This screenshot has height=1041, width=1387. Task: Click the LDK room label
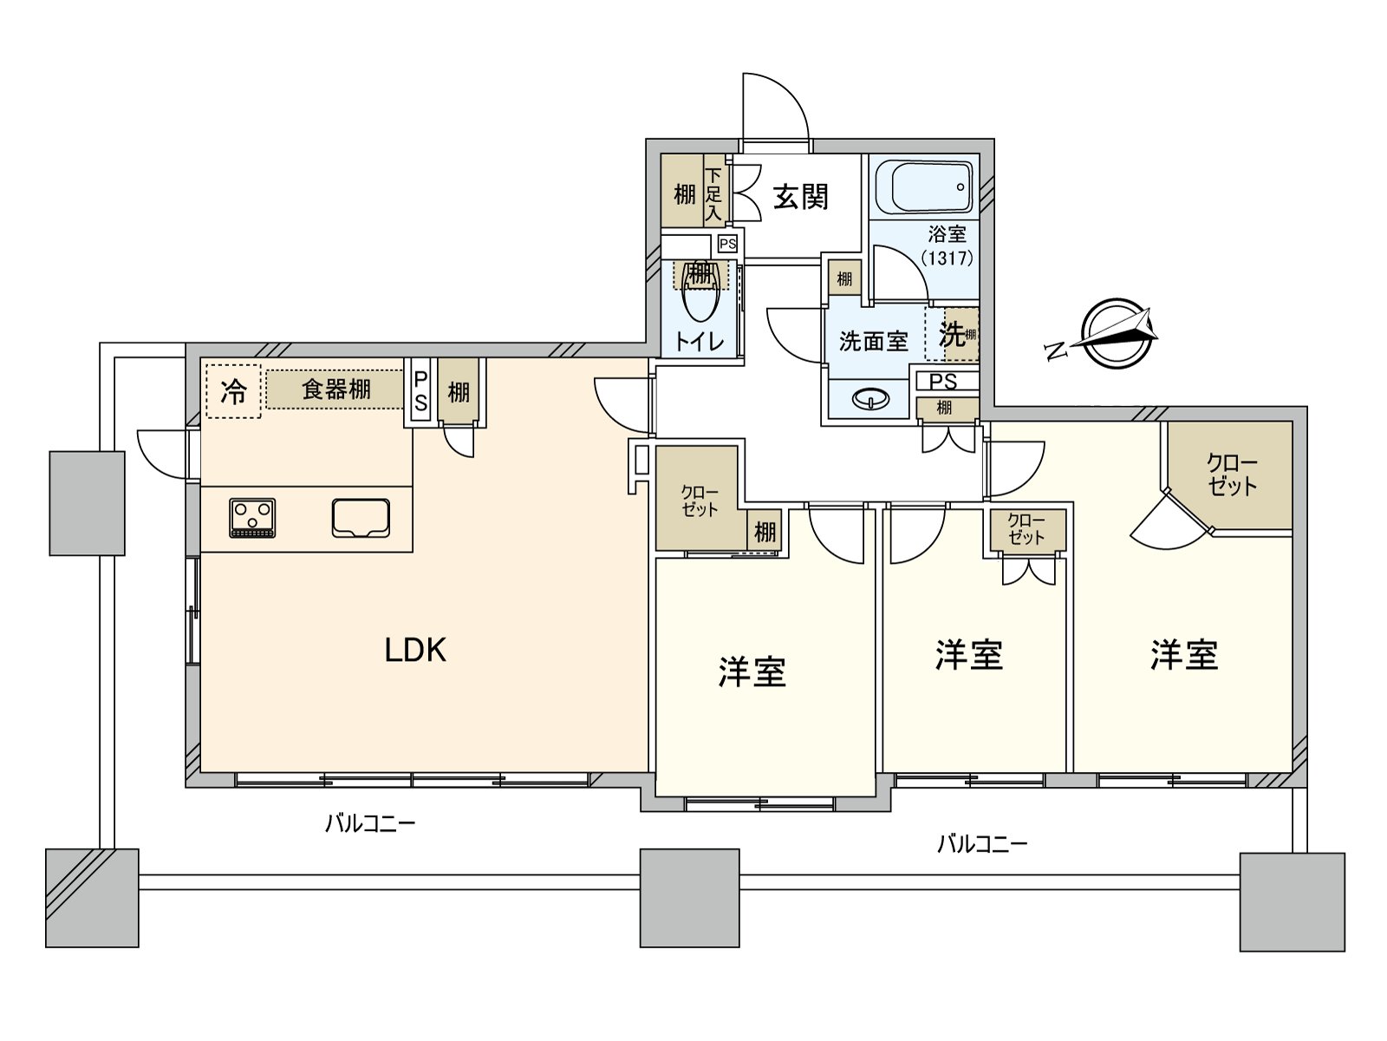pyautogui.click(x=415, y=650)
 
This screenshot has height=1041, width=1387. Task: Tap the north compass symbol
pyautogui.click(x=1118, y=335)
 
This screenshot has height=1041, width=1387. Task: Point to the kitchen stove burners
pyautogui.click(x=252, y=518)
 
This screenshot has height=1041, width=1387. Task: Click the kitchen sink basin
pyautogui.click(x=361, y=518)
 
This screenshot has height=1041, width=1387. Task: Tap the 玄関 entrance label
pyautogui.click(x=800, y=197)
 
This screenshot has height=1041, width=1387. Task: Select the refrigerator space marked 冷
pyautogui.click(x=233, y=391)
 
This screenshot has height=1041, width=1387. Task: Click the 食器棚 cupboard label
pyautogui.click(x=335, y=390)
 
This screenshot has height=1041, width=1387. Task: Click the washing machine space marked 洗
pyautogui.click(x=952, y=334)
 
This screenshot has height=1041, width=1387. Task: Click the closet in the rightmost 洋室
pyautogui.click(x=1232, y=475)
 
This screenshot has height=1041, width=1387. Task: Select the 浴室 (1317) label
pyautogui.click(x=946, y=246)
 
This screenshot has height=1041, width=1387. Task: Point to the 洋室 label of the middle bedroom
pyautogui.click(x=968, y=655)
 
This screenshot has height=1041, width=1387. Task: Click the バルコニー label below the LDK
pyautogui.click(x=370, y=823)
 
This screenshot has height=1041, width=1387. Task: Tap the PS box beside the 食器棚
pyautogui.click(x=420, y=392)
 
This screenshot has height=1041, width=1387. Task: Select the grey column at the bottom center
pyautogui.click(x=689, y=897)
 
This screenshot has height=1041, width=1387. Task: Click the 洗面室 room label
pyautogui.click(x=872, y=341)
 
